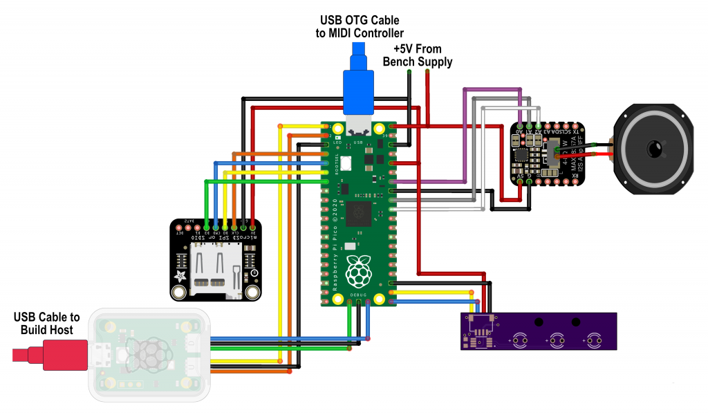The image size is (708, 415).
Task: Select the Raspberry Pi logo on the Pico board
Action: click(357, 271)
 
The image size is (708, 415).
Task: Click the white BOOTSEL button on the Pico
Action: click(346, 163)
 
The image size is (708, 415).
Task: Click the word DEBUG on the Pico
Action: click(358, 294)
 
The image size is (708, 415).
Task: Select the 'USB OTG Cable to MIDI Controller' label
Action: click(359, 26)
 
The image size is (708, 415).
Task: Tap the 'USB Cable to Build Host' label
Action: click(46, 323)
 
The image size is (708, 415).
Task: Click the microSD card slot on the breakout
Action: click(215, 269)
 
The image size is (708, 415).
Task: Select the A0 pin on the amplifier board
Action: click(519, 127)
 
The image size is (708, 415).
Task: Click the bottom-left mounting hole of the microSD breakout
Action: click(180, 293)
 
